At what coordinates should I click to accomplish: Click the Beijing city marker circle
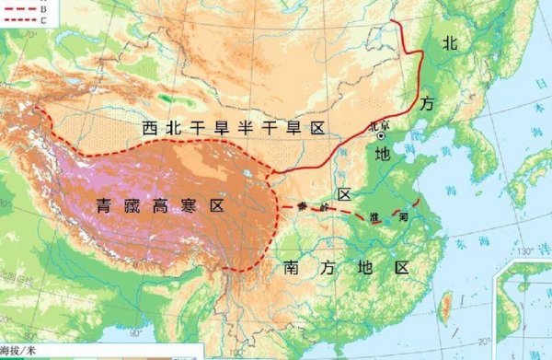tap(381, 135)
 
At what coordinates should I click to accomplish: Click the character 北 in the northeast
tap(450, 41)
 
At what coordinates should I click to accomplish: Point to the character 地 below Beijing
tap(384, 154)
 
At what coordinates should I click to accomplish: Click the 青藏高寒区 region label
tap(159, 206)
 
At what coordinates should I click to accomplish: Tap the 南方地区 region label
tap(340, 268)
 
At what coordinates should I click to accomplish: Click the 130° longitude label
tap(524, 250)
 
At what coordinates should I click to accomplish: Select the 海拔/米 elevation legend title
tap(19, 351)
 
